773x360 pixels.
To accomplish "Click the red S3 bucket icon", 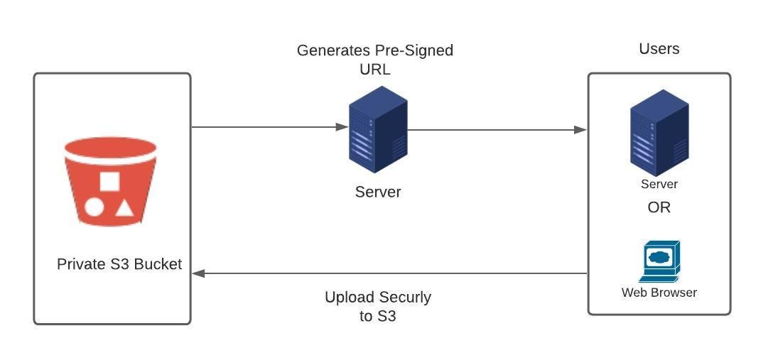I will (110, 182).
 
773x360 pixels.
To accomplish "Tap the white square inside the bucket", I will (109, 182).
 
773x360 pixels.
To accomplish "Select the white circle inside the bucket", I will (94, 207).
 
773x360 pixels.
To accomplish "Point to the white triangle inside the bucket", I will (124, 207).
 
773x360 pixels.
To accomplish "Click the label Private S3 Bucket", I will (119, 264).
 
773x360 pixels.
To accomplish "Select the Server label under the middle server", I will (378, 192).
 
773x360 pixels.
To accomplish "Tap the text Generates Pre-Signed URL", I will (374, 60).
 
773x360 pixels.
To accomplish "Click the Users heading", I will (659, 48).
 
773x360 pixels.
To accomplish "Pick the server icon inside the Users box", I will (659, 133).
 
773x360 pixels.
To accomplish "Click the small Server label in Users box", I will (659, 185).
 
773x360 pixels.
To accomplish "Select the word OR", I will (659, 208).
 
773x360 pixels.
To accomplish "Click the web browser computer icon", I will (660, 261).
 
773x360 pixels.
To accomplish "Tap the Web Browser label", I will (659, 293).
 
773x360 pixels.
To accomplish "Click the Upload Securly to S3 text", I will (378, 307).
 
